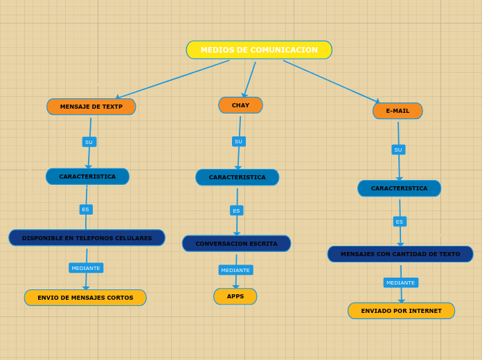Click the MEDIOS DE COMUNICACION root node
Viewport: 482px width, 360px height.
coord(259,50)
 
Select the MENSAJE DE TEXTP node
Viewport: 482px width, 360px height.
coord(91,107)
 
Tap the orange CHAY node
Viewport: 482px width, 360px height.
coord(240,105)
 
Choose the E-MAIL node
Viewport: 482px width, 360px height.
coord(398,111)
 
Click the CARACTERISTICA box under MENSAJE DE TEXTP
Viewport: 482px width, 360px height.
coord(87,177)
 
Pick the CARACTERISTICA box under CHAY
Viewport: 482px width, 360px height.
coord(237,177)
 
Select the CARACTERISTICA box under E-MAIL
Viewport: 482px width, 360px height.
coord(399,188)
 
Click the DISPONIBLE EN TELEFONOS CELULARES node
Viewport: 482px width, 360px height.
coord(87,238)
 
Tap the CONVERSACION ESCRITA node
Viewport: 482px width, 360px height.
coord(236,244)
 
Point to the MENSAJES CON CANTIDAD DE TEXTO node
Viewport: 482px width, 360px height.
coord(400,254)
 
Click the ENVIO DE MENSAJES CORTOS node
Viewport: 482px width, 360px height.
coord(85,298)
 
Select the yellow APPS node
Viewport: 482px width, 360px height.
coord(235,296)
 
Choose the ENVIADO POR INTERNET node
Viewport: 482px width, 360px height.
coord(401,311)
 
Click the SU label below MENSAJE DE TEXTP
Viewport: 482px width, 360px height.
coord(89,142)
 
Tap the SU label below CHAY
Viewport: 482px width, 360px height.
coord(238,141)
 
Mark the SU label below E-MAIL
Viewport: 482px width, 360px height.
coord(398,150)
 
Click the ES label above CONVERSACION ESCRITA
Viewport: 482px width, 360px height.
coord(236,210)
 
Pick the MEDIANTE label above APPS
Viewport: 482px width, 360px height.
coord(235,270)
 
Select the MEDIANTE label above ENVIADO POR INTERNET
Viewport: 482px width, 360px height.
coord(400,282)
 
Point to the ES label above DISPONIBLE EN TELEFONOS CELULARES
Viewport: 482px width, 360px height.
coord(86,209)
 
